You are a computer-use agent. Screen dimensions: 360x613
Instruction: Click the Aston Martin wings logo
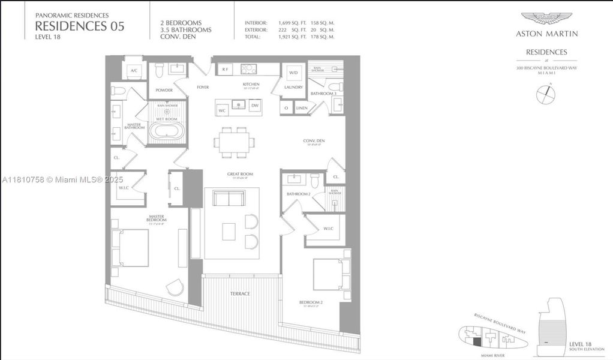pos(546,19)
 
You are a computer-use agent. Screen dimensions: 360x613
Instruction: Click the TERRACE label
pos(240,293)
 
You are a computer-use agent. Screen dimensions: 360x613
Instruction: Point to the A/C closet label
pos(134,71)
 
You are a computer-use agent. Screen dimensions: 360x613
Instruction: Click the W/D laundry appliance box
pos(293,73)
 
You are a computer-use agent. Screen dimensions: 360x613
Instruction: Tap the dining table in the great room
pos(234,142)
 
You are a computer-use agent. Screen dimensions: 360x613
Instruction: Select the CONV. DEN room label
pos(314,142)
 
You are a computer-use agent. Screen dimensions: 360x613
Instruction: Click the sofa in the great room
pos(229,199)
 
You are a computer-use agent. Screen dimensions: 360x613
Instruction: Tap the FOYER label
pos(203,88)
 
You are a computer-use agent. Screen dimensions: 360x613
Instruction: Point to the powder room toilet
pos(159,71)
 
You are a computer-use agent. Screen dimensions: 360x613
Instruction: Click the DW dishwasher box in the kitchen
pos(255,106)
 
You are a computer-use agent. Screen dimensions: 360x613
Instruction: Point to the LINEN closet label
pos(302,108)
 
